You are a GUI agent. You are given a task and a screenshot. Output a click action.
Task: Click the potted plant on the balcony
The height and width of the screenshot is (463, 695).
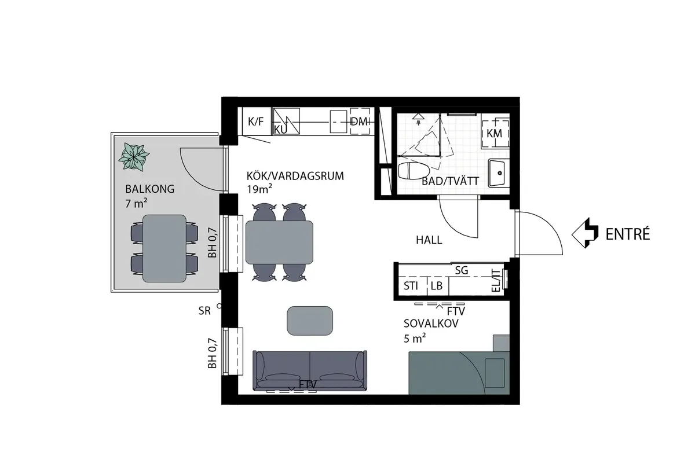click(x=134, y=156)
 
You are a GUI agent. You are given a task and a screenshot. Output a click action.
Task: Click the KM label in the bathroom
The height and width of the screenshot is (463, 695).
click(x=494, y=133)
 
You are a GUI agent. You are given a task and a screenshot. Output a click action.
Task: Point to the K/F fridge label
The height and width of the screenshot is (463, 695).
click(x=255, y=122)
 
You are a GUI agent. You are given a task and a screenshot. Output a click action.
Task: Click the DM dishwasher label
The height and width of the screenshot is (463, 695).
click(x=359, y=122)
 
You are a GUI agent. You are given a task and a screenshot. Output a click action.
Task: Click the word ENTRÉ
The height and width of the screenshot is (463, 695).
click(x=628, y=234)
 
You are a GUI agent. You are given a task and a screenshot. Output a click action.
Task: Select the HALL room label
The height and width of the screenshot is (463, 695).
click(x=429, y=240)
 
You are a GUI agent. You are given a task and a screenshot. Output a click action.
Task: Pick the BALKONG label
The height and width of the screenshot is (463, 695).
click(x=149, y=189)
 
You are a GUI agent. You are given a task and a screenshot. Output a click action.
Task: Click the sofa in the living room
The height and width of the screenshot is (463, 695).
click(x=310, y=371)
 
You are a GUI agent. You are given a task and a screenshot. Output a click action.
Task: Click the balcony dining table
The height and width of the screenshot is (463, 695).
click(x=164, y=248)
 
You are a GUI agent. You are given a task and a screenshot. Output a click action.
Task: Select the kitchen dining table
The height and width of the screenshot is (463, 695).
click(x=279, y=241)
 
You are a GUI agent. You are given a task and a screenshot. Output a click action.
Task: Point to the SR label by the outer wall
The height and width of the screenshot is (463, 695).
click(x=204, y=311)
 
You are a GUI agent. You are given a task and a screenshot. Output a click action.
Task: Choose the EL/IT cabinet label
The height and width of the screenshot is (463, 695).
click(x=496, y=280)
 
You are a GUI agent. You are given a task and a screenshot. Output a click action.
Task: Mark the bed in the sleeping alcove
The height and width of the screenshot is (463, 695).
click(x=458, y=371)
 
